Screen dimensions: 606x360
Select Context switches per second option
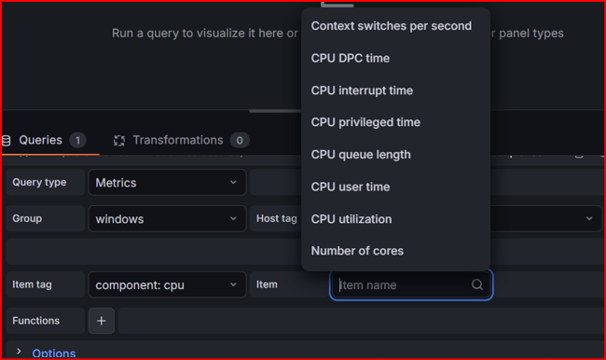tap(392, 26)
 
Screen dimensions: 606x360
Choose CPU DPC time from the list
tap(351, 58)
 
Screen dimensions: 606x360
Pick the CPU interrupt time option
tap(362, 90)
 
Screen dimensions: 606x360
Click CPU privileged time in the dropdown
tap(365, 122)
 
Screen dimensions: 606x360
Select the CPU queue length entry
tap(361, 155)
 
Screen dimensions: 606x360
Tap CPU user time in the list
tap(351, 187)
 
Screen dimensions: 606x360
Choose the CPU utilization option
tap(351, 219)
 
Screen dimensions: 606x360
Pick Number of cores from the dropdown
tap(357, 251)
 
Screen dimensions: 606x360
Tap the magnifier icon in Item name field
tap(477, 284)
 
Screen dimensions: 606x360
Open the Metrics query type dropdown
tap(167, 183)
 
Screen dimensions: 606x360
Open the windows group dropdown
tap(167, 219)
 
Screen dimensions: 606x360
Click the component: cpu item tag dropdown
tap(167, 285)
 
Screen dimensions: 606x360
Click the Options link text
tap(54, 353)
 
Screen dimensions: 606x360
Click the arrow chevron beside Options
tap(19, 351)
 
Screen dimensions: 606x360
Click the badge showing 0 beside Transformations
tap(240, 140)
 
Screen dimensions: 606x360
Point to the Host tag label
tap(277, 218)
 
